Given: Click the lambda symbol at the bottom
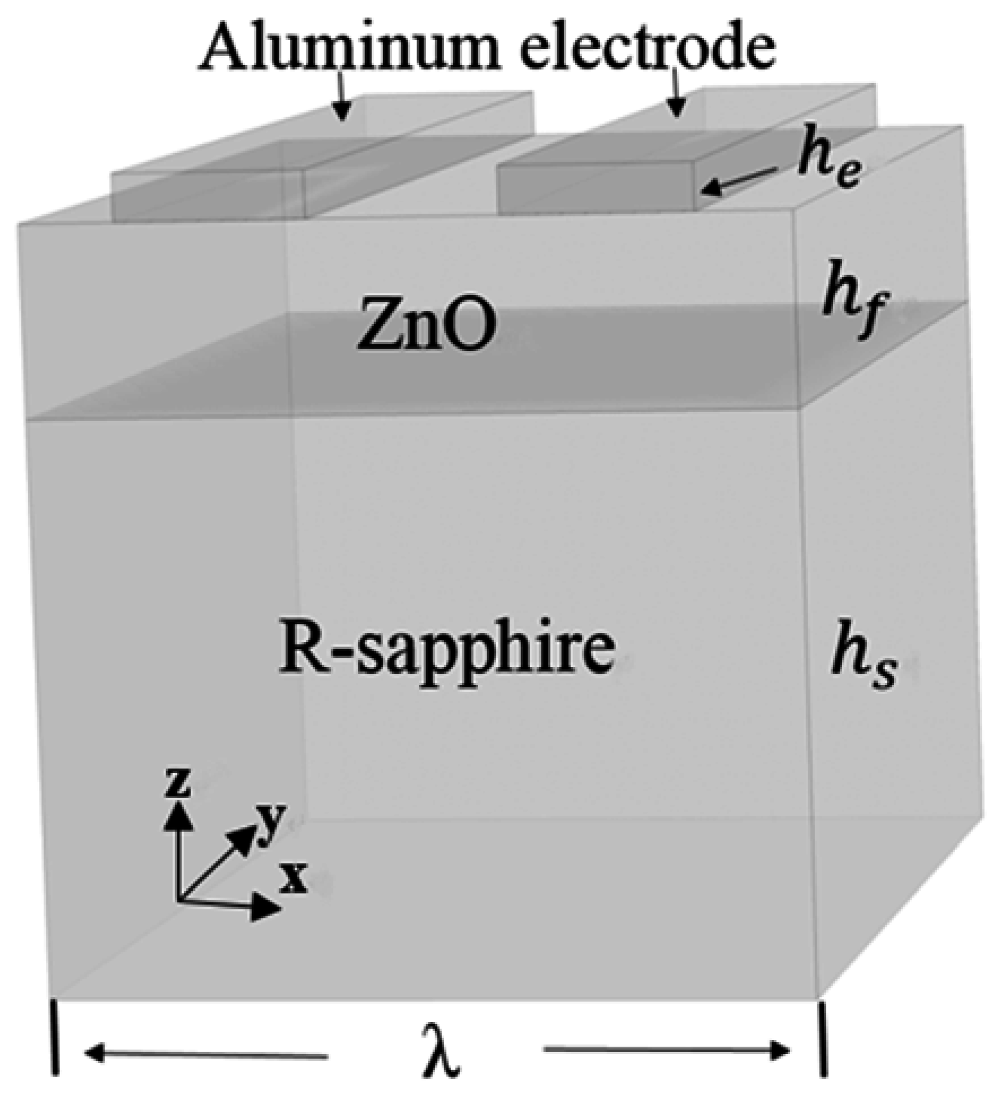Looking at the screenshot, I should pos(442,1051).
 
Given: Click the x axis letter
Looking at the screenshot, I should pos(294,879).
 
